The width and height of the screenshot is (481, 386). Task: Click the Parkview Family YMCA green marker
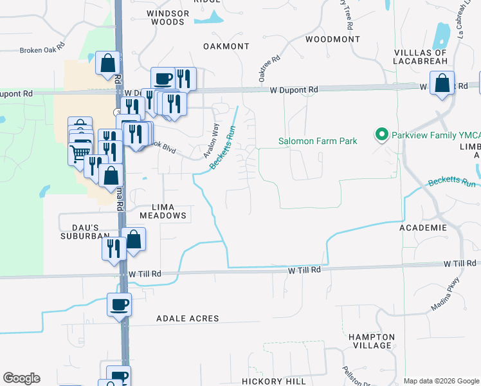tap(381, 135)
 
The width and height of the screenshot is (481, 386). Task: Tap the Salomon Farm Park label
tap(317, 141)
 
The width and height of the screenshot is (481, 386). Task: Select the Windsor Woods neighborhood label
tap(168, 17)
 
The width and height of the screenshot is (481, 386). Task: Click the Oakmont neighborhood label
tap(226, 46)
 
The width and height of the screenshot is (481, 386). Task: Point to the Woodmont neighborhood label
tap(332, 39)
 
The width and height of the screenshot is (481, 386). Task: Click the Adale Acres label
tap(187, 318)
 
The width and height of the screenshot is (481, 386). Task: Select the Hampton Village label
tap(371, 341)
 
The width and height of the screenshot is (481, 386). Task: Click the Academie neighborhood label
tap(422, 228)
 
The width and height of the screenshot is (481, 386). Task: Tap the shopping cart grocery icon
tap(79, 152)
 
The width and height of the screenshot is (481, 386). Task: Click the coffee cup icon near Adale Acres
tap(120, 304)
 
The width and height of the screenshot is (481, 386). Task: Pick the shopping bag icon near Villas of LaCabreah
tap(442, 84)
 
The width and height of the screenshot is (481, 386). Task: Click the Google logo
tap(21, 378)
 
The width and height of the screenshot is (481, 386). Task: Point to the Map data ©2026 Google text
tap(440, 381)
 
